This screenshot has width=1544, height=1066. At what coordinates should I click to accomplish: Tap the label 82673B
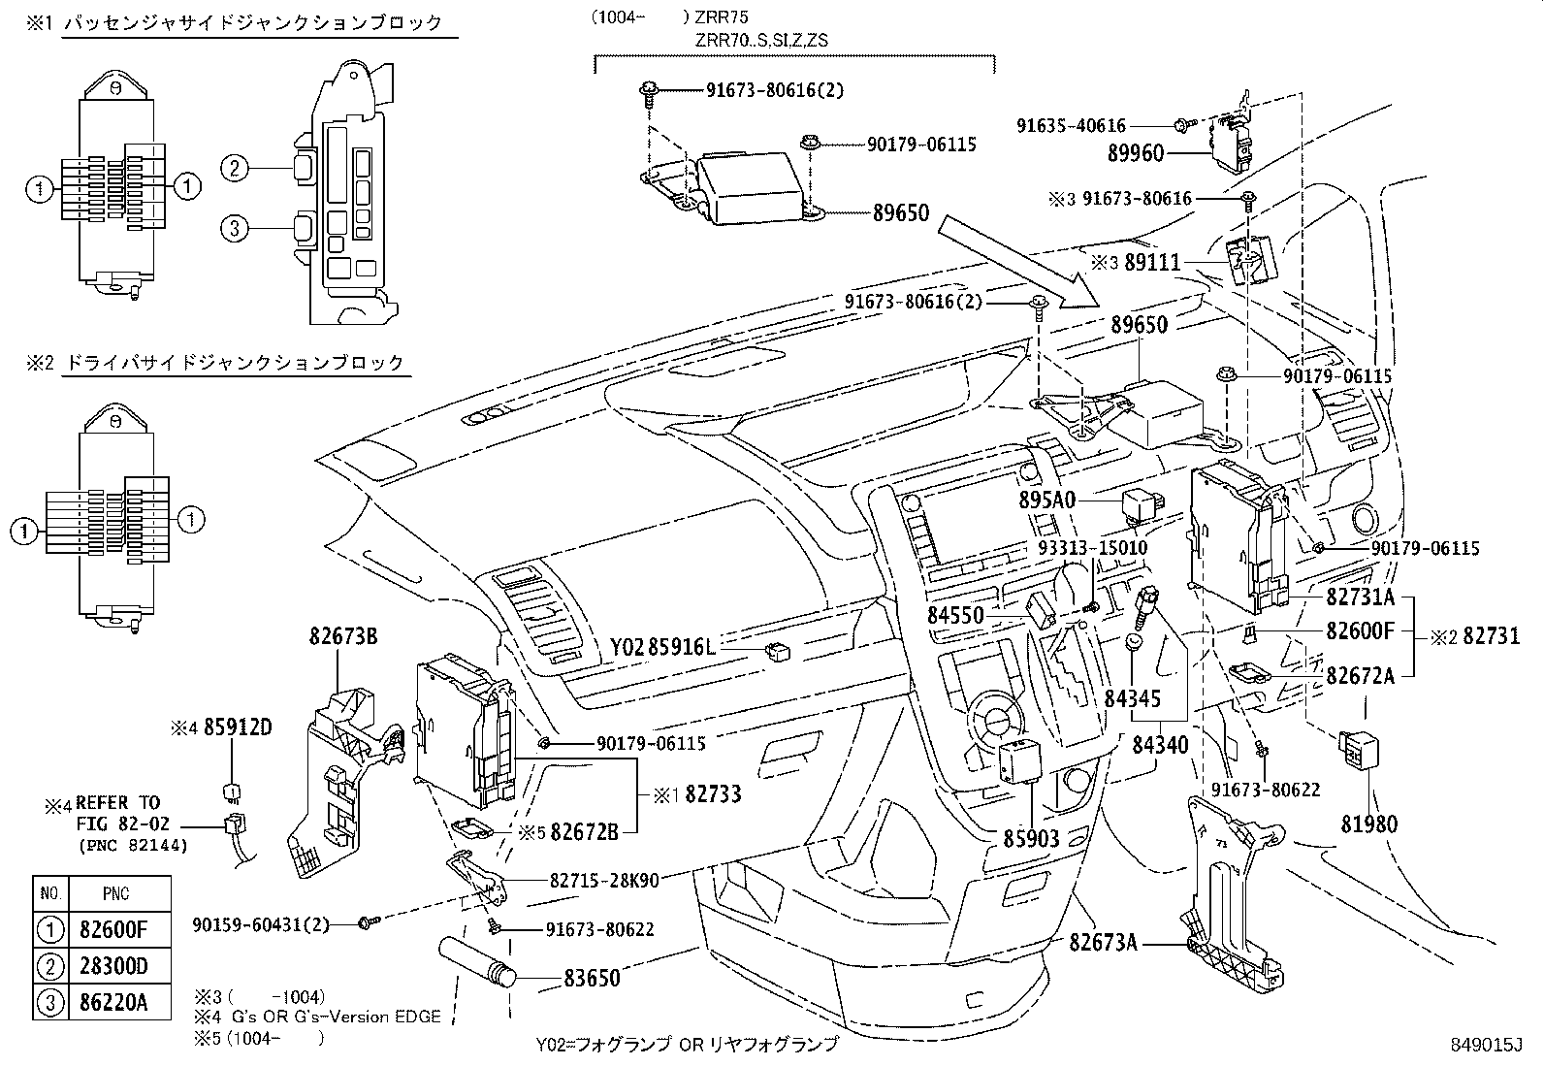coord(343,637)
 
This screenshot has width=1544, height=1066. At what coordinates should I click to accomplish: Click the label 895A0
coord(1047,500)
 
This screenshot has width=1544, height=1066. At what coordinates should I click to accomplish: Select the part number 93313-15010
coord(1092,548)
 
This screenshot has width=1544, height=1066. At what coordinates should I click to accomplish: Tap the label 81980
coord(1369,824)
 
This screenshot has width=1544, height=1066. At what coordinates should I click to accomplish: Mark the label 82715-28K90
coord(604,881)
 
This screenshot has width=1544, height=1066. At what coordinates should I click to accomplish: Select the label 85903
coord(1032,838)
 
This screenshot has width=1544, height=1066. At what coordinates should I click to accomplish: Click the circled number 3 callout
coord(234,229)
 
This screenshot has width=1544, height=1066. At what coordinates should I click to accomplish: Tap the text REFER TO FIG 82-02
coord(116,813)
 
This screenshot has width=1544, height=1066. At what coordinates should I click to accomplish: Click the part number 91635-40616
coord(1071,125)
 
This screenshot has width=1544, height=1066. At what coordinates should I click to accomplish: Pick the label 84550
coord(955,615)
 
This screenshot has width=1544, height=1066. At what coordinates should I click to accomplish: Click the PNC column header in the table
coord(115,893)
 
